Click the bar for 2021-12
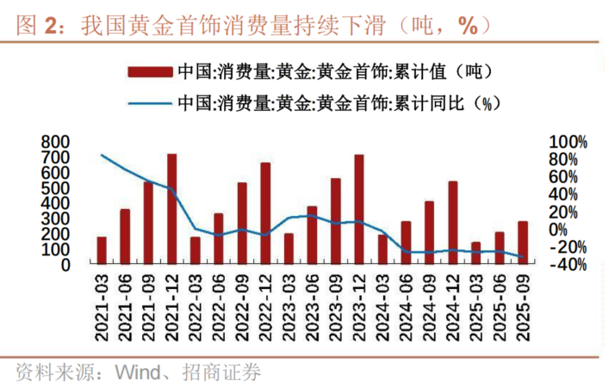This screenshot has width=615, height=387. click(171, 210)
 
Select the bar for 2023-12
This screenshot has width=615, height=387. click(359, 210)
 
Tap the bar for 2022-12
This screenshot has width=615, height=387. click(265, 214)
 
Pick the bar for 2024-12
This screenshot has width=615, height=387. click(453, 224)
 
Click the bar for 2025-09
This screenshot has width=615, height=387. click(523, 243)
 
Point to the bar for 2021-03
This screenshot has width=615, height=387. click(102, 251)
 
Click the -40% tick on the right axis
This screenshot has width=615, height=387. click(568, 265)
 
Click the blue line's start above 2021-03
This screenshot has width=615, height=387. click(102, 155)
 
